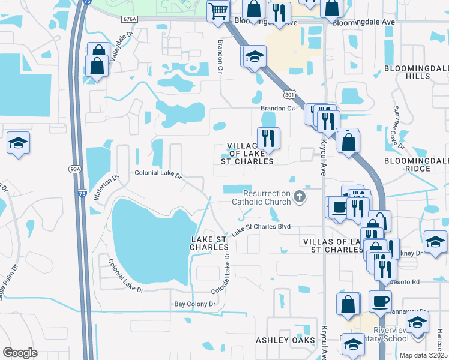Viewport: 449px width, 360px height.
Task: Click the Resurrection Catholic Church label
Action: [267, 197]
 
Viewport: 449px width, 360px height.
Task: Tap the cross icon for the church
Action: [299, 197]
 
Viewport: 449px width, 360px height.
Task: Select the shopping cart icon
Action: [218, 11]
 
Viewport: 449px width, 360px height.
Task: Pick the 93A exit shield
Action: [75, 169]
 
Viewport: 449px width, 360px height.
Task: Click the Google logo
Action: [20, 353]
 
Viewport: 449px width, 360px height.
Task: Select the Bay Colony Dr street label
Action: [194, 305]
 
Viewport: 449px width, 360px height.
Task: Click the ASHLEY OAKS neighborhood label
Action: [285, 340]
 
